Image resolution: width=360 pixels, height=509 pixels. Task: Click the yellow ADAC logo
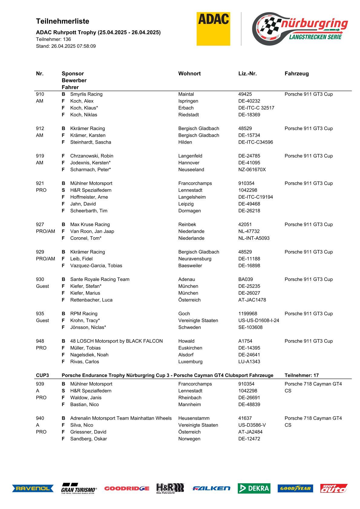[x=213, y=29]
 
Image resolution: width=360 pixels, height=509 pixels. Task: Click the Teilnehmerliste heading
[x=63, y=21]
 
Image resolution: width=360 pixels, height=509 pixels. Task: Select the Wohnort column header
[x=189, y=73]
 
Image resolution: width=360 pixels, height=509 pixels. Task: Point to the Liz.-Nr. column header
[x=247, y=73]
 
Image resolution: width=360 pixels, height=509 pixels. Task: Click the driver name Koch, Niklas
[x=83, y=115]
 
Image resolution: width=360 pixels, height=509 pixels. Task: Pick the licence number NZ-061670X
[x=252, y=170]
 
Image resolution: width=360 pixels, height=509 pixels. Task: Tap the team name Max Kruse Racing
[x=90, y=224]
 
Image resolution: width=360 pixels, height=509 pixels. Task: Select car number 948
[x=40, y=341]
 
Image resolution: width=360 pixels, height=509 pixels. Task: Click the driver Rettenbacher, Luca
[x=91, y=300]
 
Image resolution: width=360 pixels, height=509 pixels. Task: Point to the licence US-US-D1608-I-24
[x=259, y=321]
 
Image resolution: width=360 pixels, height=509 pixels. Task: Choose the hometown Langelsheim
[x=192, y=197]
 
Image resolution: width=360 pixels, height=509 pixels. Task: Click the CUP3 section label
[x=42, y=375]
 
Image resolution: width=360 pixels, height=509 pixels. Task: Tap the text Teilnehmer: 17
[x=302, y=375]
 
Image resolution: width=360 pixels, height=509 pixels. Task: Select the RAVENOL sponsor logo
[x=33, y=488]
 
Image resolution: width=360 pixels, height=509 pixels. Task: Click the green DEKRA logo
[x=254, y=488]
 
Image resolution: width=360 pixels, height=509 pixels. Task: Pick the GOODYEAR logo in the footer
[x=295, y=488]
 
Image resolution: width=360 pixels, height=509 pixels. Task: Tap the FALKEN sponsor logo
[x=211, y=488]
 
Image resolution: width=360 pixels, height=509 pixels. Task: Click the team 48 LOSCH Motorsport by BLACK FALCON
[x=116, y=341]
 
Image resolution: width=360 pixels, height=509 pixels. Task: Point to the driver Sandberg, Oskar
[x=88, y=439]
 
